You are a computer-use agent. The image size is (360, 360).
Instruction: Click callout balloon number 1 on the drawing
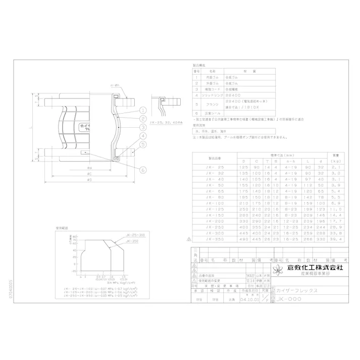(143, 110)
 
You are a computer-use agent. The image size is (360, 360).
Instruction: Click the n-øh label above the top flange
(115, 86)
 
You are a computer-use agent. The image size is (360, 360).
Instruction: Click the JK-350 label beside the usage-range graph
(131, 241)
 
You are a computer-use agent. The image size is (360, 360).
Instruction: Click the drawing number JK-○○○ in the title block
(290, 299)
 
